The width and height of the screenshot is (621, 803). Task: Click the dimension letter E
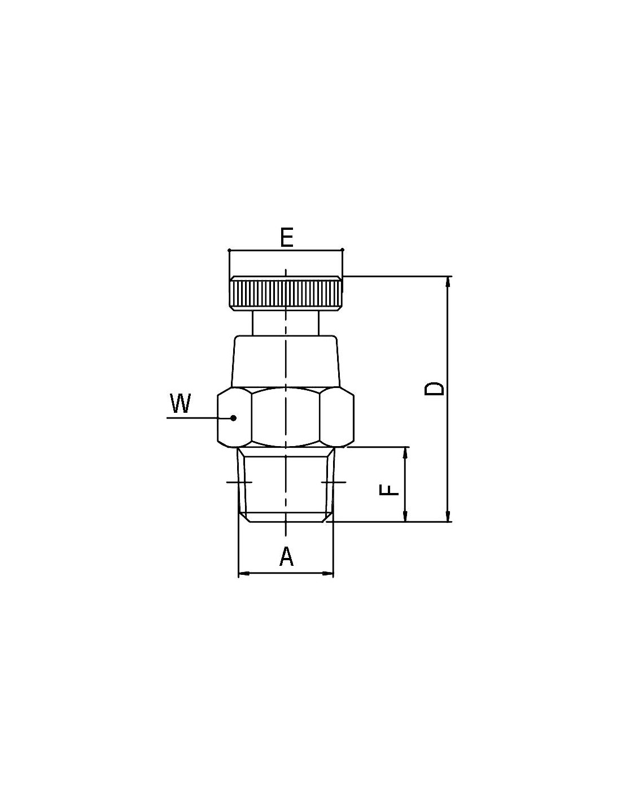point(286,238)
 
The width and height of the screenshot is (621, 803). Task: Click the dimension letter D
point(434,389)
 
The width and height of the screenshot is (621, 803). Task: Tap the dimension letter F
point(389,490)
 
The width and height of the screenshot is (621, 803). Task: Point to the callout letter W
point(180,403)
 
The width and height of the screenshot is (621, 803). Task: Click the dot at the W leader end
point(233,418)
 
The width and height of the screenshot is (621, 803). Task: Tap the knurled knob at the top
point(286,293)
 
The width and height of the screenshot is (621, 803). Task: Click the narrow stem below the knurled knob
point(286,323)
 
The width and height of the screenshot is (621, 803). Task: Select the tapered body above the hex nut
point(286,361)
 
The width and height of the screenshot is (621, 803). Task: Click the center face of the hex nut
point(286,417)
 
